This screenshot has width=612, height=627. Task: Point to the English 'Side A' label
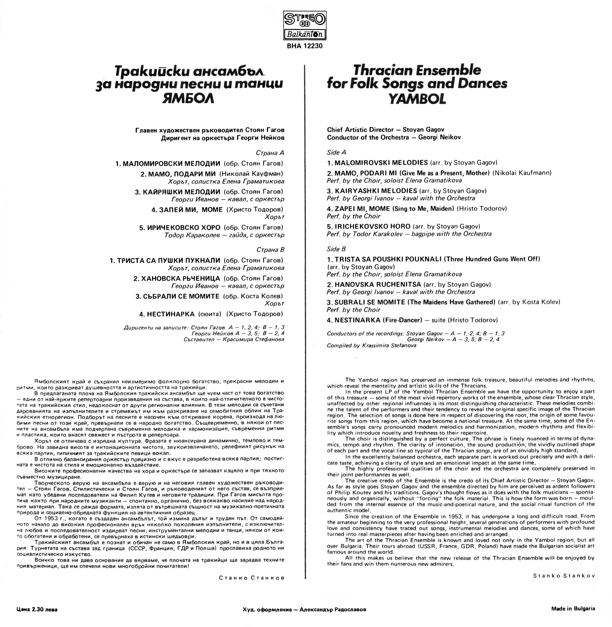point(336,152)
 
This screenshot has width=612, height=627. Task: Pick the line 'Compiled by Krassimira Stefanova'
point(371,345)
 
